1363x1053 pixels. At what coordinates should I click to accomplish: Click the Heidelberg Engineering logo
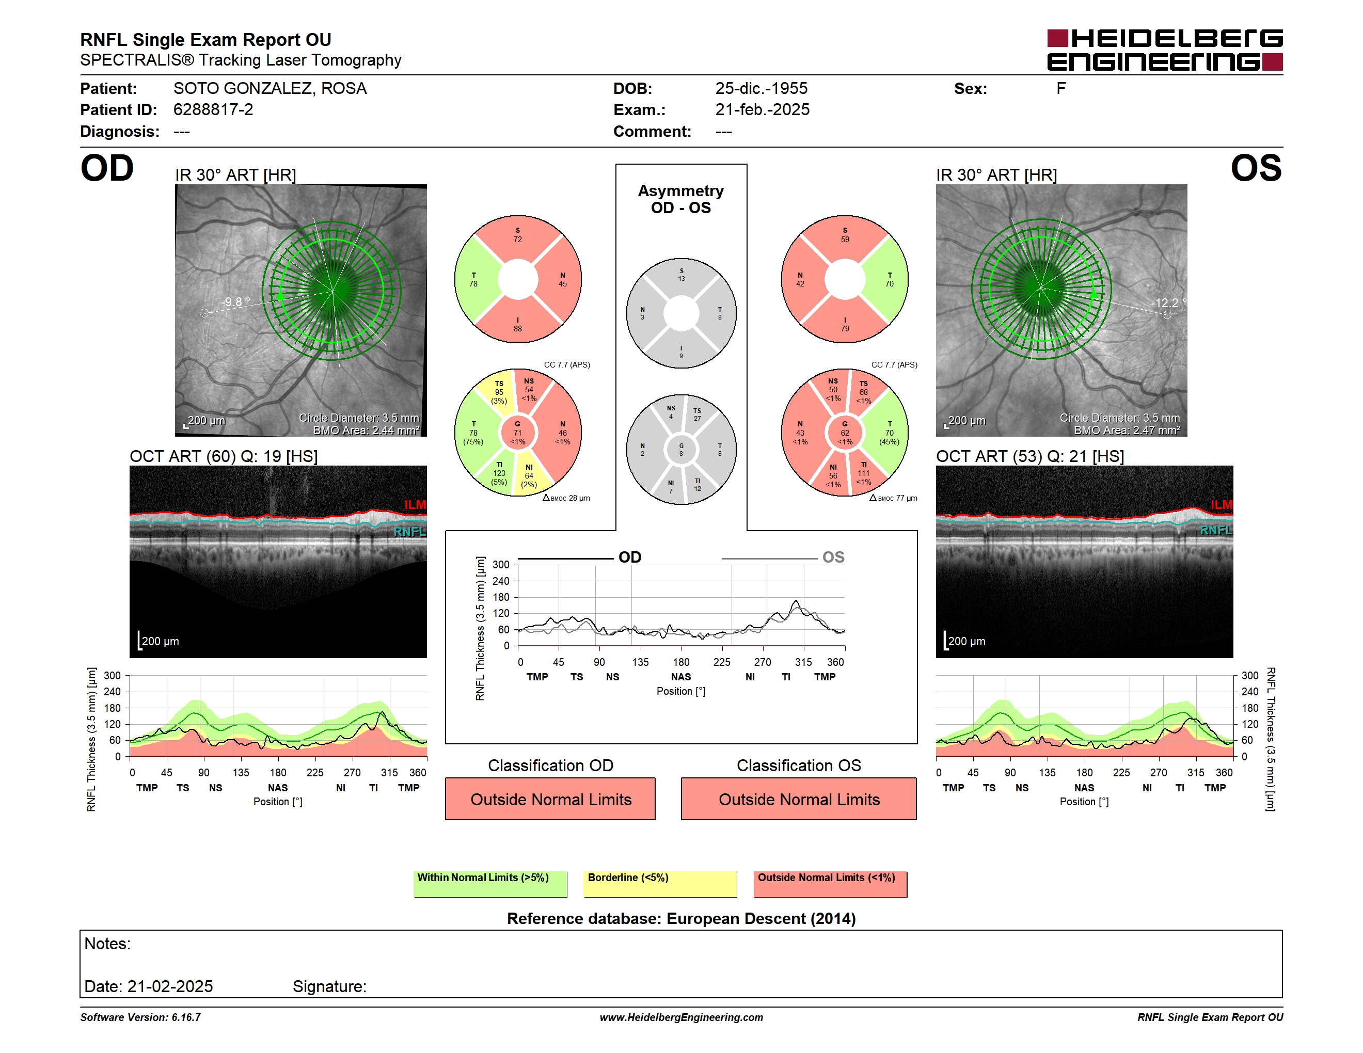click(x=1165, y=50)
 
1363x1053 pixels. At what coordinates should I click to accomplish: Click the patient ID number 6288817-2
click(x=213, y=110)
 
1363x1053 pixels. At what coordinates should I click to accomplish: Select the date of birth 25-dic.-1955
click(x=761, y=89)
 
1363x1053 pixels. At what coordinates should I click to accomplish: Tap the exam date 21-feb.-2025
click(x=762, y=110)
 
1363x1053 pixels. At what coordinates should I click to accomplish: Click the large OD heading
click(x=107, y=168)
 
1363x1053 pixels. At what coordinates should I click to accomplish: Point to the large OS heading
click(x=1256, y=168)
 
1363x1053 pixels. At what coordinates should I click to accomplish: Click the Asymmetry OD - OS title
click(x=681, y=199)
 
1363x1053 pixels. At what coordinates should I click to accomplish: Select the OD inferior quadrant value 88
click(x=517, y=329)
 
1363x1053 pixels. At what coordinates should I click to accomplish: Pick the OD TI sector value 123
click(x=499, y=473)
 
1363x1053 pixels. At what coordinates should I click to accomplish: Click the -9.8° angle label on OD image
click(x=235, y=302)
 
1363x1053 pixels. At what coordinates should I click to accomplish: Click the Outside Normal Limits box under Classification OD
click(x=550, y=799)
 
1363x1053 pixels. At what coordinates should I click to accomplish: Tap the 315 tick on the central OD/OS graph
click(x=803, y=662)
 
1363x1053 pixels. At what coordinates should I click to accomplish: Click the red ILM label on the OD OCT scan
click(x=415, y=505)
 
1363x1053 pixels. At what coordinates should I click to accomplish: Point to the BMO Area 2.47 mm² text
click(x=1127, y=430)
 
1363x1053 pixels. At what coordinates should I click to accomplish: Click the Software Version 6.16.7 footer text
click(x=140, y=1017)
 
